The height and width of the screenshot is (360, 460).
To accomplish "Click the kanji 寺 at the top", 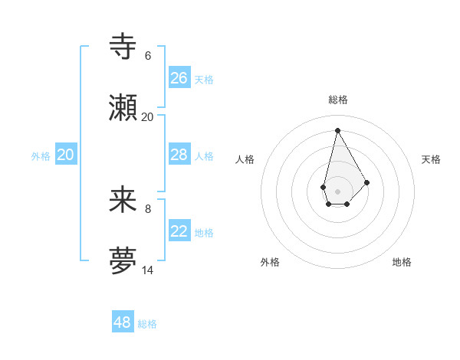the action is pyautogui.click(x=123, y=47).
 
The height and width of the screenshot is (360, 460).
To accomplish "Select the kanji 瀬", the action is pyautogui.click(x=123, y=108).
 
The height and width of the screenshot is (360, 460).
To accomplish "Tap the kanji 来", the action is pyautogui.click(x=123, y=200).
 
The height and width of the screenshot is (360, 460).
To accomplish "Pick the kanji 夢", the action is pyautogui.click(x=123, y=261).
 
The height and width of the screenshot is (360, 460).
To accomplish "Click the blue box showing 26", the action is pyautogui.click(x=179, y=78).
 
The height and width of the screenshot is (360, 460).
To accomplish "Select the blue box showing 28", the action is pyautogui.click(x=179, y=155).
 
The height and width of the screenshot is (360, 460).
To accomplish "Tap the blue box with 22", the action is pyautogui.click(x=179, y=231).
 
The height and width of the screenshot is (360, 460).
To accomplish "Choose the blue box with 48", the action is pyautogui.click(x=123, y=322).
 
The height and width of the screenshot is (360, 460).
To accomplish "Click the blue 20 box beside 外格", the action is pyautogui.click(x=66, y=155).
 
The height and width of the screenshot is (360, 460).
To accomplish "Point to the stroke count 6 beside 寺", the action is pyautogui.click(x=148, y=56).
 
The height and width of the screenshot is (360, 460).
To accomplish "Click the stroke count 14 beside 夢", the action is pyautogui.click(x=148, y=270).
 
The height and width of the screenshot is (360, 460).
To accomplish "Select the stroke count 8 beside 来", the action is pyautogui.click(x=148, y=208).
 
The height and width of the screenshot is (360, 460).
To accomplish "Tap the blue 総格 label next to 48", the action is pyautogui.click(x=147, y=324).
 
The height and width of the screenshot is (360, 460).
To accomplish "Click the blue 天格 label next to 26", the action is pyautogui.click(x=204, y=80).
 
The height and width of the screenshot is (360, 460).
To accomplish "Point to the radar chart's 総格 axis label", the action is pyautogui.click(x=338, y=100).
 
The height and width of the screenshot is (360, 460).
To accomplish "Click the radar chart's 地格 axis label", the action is pyautogui.click(x=402, y=262).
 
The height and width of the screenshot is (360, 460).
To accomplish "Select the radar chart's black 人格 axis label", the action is pyautogui.click(x=245, y=159).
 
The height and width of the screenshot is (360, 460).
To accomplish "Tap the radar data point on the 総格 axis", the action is pyautogui.click(x=337, y=129).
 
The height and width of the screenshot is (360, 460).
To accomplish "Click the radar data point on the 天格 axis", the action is pyautogui.click(x=366, y=182).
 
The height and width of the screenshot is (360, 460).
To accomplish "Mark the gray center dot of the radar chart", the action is pyautogui.click(x=337, y=191).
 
